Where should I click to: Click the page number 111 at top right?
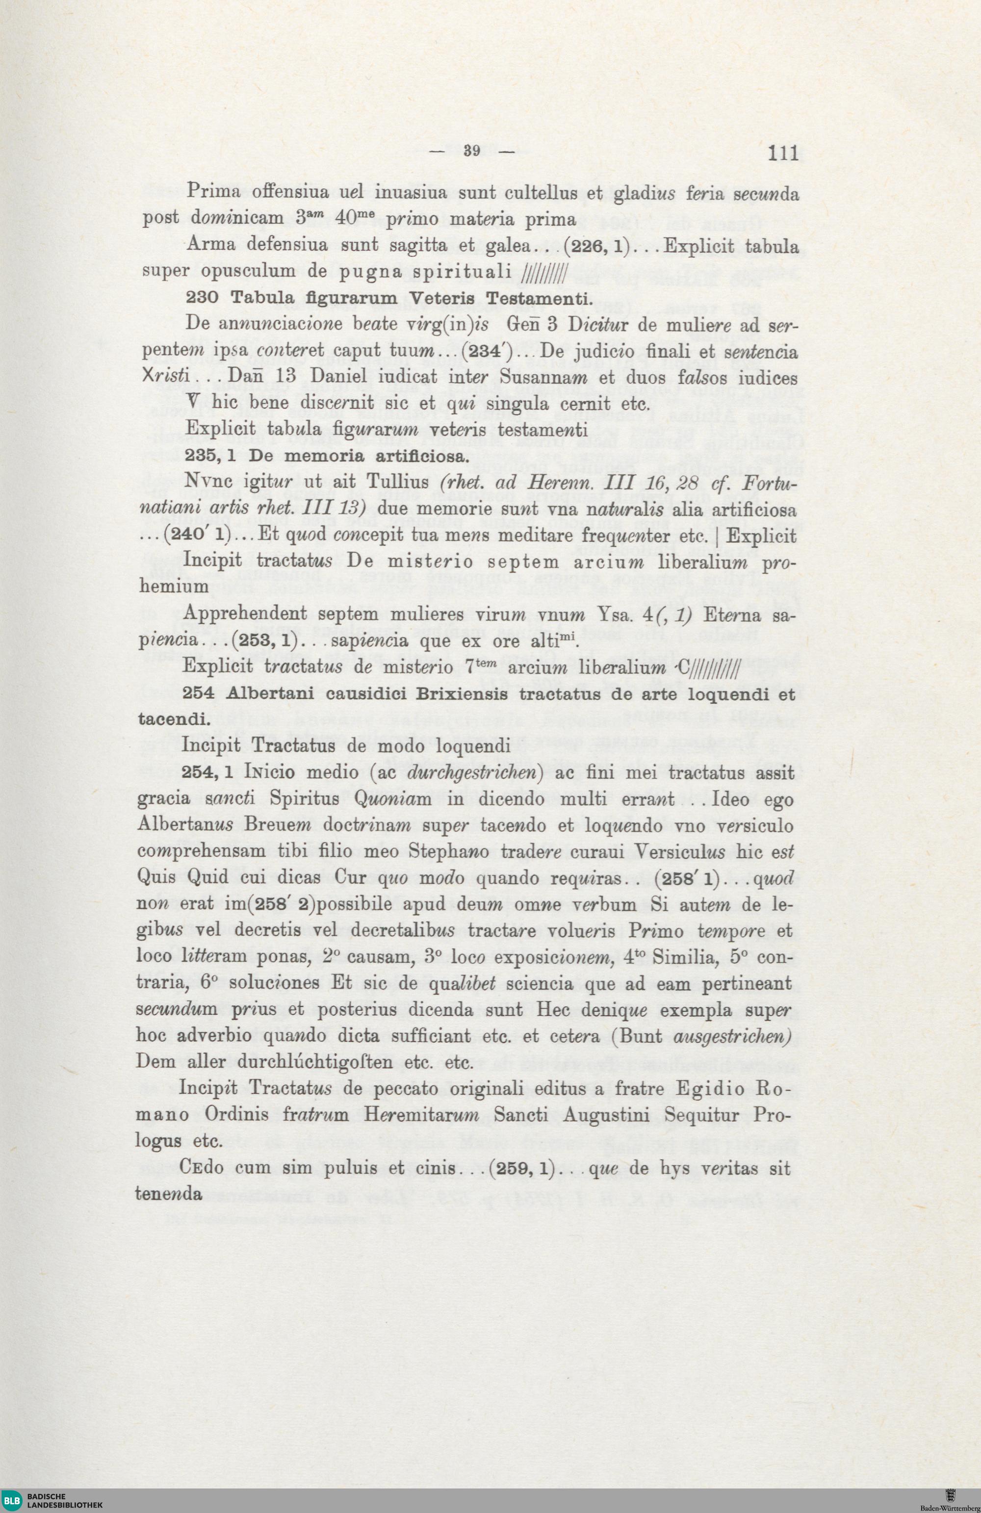(x=783, y=154)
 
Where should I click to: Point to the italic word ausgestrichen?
(x=742, y=1036)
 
